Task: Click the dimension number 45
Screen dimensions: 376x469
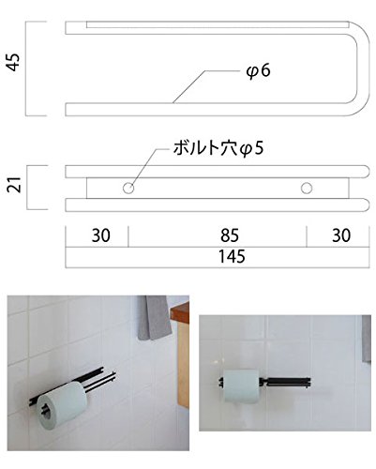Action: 14,63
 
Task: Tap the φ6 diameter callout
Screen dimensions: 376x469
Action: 258,71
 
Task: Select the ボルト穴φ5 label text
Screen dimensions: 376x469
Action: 218,148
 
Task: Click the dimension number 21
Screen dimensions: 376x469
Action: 15,185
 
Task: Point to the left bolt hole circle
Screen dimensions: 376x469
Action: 128,189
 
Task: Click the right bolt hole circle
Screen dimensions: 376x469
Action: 307,189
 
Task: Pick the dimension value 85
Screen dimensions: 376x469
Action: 230,235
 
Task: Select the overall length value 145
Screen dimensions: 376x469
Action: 232,257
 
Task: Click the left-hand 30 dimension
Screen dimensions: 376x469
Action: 101,235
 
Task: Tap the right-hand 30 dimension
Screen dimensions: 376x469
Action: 341,235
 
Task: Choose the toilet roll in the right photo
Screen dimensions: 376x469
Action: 241,386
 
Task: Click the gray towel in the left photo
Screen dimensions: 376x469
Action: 154,318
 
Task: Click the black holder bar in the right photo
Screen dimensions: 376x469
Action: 285,382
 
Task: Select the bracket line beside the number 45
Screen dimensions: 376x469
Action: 26,68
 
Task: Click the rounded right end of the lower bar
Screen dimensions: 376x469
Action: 365,205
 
